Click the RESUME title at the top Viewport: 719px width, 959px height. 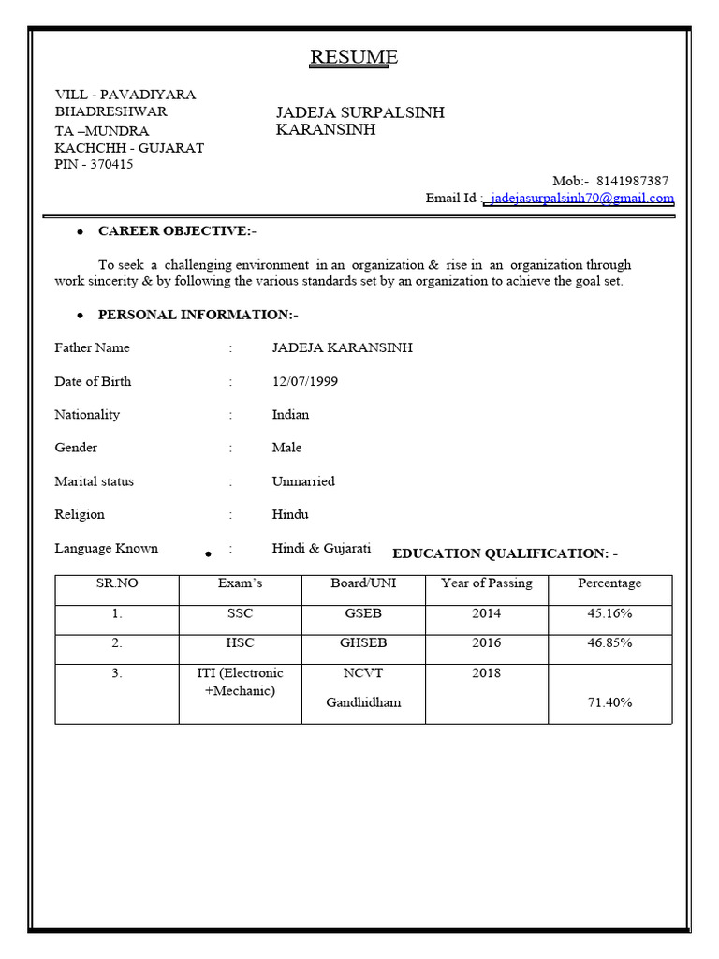click(x=354, y=57)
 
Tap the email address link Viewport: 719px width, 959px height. click(x=581, y=199)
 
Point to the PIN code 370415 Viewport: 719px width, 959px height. click(x=111, y=165)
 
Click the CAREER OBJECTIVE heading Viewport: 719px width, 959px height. click(x=177, y=230)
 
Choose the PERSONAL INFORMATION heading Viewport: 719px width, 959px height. click(x=198, y=315)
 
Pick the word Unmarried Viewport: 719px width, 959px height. click(x=302, y=481)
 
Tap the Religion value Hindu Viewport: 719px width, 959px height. click(x=290, y=514)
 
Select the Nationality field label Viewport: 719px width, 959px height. click(x=87, y=414)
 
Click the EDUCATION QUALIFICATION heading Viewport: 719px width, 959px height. click(x=505, y=553)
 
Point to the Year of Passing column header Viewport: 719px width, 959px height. click(x=486, y=583)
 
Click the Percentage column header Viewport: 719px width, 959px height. click(x=609, y=583)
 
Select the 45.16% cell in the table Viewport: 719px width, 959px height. click(x=609, y=613)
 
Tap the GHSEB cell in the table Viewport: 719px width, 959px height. click(x=363, y=643)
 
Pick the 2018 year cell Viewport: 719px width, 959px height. click(x=486, y=672)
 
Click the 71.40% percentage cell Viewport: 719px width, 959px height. click(x=609, y=702)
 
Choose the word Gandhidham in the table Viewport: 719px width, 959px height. click(x=363, y=702)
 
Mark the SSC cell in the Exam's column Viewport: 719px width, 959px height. click(x=240, y=613)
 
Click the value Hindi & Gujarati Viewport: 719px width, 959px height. click(x=321, y=548)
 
